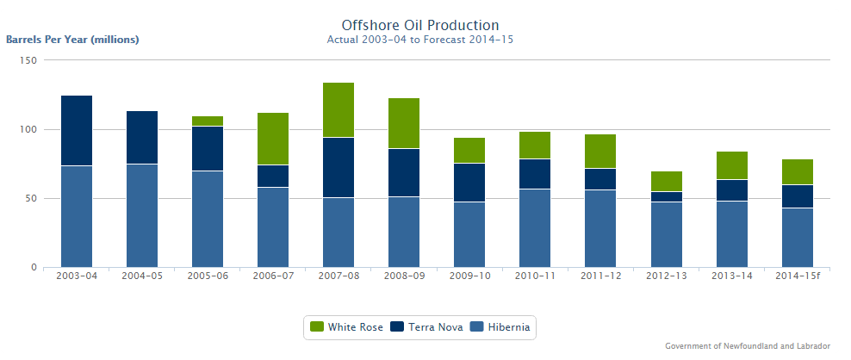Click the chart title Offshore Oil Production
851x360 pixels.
coord(420,25)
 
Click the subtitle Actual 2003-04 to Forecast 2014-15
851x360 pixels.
coord(420,40)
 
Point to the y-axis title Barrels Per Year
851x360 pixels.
coord(72,40)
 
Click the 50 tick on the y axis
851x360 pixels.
coord(31,198)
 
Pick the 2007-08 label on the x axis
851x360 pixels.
coord(338,276)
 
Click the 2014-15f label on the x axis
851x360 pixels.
coord(797,276)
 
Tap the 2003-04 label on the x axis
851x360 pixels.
coord(77,276)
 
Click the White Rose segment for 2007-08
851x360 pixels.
coord(338,110)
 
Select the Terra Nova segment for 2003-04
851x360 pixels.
coord(77,131)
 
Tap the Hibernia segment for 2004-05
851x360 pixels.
coord(142,215)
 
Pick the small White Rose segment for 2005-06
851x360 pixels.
coord(208,121)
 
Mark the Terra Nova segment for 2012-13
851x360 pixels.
coord(666,197)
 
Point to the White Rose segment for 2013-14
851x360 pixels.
coord(731,165)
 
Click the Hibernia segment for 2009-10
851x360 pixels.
coord(469,234)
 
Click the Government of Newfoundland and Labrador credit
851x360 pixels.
coord(748,346)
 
